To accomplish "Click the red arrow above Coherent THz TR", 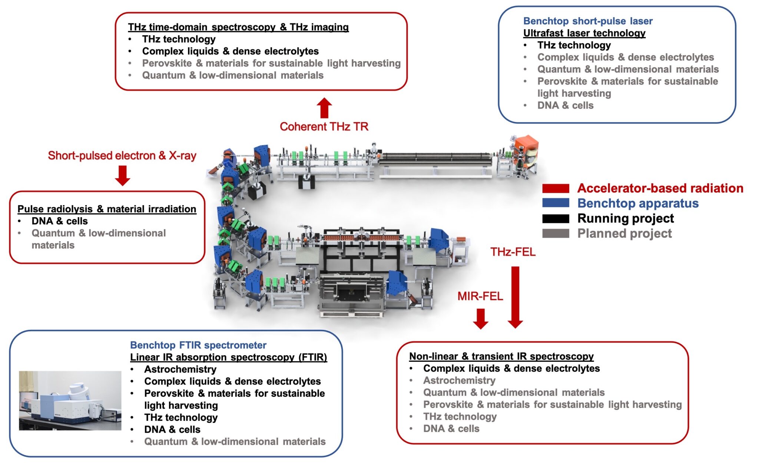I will pyautogui.click(x=324, y=108).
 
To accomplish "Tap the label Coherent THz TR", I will pyautogui.click(x=324, y=127).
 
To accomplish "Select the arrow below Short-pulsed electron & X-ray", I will pyautogui.click(x=122, y=175).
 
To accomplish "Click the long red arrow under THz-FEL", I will pyautogui.click(x=515, y=297).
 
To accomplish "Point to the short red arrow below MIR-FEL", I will pyautogui.click(x=481, y=319).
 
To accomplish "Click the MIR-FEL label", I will pyautogui.click(x=480, y=296).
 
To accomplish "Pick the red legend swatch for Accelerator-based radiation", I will pyautogui.click(x=556, y=188).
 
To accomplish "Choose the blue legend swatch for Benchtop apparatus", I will pyautogui.click(x=556, y=203).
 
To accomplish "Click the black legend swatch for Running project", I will pyautogui.click(x=556, y=218).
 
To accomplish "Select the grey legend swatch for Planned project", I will pyautogui.click(x=556, y=234).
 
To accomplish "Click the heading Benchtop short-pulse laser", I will pyautogui.click(x=588, y=21).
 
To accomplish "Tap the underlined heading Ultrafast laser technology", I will pyautogui.click(x=584, y=33).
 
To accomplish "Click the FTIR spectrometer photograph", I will pyautogui.click(x=70, y=400).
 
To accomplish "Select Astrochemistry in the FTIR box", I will pyautogui.click(x=180, y=369).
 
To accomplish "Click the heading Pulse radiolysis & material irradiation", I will pyautogui.click(x=107, y=209).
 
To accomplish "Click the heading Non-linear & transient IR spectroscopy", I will pyautogui.click(x=501, y=356).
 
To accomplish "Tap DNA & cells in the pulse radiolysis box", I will pyautogui.click(x=60, y=221).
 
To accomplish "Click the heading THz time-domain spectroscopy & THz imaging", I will pyautogui.click(x=238, y=27).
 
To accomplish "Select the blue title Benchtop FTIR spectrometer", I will pyautogui.click(x=198, y=345).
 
